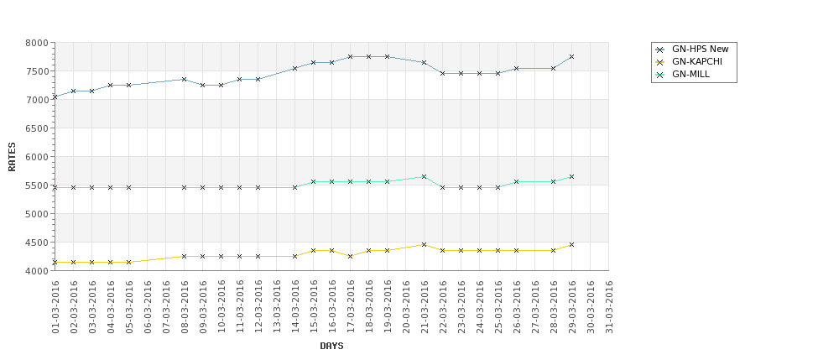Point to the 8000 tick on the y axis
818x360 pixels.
click(x=37, y=43)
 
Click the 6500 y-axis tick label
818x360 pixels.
click(x=37, y=128)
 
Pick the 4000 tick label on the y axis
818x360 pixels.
click(x=37, y=271)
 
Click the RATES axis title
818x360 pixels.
click(x=13, y=156)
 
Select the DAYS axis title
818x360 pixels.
click(x=331, y=346)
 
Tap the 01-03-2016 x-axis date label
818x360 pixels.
click(x=55, y=307)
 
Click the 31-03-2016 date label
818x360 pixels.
click(x=609, y=307)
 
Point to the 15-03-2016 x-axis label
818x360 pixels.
click(x=314, y=307)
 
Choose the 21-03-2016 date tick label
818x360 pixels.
click(x=425, y=307)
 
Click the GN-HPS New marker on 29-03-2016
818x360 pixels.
click(x=571, y=56)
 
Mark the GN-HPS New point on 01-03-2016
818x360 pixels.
click(x=55, y=97)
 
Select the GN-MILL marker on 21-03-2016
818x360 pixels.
click(x=424, y=176)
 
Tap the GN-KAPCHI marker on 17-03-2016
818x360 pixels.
click(x=350, y=256)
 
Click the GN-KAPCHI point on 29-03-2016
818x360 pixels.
click(x=571, y=244)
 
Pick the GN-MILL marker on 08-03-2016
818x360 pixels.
click(x=184, y=187)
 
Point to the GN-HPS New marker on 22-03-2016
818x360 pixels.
click(x=442, y=73)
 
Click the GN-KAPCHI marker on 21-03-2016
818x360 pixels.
click(x=424, y=244)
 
